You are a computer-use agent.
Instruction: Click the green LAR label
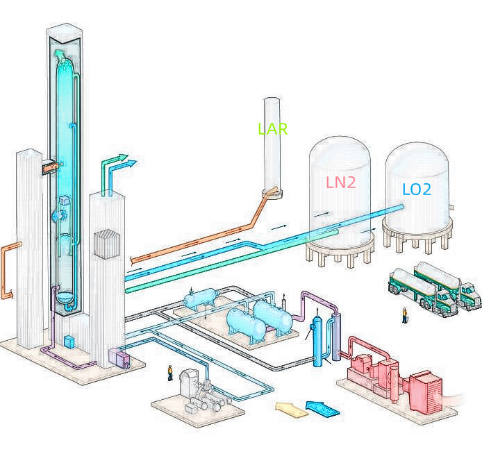pyautogui.click(x=272, y=129)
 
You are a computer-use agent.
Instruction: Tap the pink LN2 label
pyautogui.click(x=340, y=183)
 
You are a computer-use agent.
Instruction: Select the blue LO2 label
pyautogui.click(x=417, y=189)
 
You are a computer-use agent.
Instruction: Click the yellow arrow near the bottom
pyautogui.click(x=292, y=410)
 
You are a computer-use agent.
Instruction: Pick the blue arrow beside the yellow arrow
pyautogui.click(x=322, y=407)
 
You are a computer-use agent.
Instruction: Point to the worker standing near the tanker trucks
pyautogui.click(x=405, y=316)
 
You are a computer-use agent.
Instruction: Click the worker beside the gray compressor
pyautogui.click(x=169, y=373)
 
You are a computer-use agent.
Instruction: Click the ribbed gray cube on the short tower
pyautogui.click(x=108, y=244)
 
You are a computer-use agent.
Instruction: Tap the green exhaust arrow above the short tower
pyautogui.click(x=112, y=167)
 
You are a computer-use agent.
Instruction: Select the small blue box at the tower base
pyautogui.click(x=69, y=342)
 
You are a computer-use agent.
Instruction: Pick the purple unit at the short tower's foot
pyautogui.click(x=119, y=359)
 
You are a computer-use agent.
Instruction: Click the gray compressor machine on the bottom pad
pyautogui.click(x=197, y=392)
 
